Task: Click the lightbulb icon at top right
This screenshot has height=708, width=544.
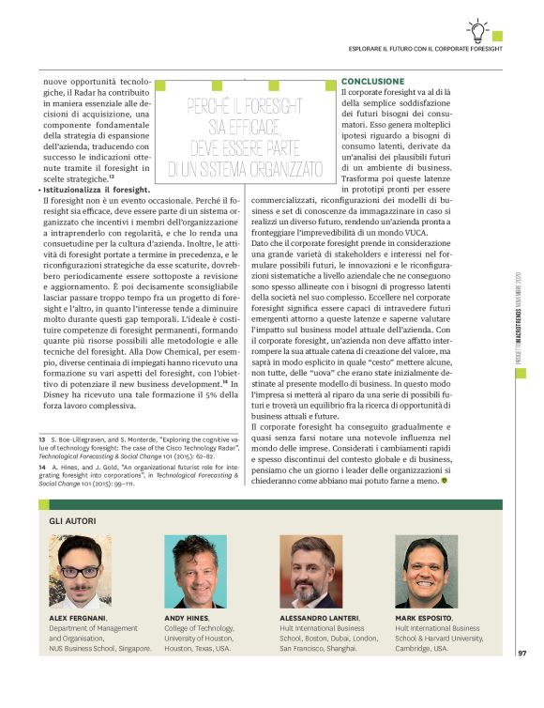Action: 477,29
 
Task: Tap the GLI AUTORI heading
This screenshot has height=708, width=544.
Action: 72,520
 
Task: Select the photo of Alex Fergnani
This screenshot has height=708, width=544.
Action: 80,571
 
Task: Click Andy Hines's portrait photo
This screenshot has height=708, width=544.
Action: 195,571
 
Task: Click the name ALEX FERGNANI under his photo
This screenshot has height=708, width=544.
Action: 77,618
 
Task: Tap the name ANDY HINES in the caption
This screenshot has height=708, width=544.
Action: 187,618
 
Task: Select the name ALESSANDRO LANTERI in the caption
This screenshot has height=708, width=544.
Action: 319,618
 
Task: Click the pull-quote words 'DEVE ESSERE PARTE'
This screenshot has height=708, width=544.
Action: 245,147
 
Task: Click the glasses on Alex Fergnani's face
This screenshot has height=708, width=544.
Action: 80,570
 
